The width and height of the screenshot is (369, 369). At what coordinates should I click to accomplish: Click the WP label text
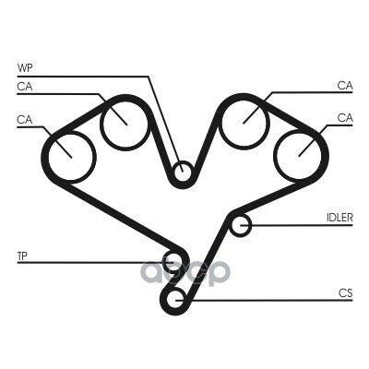point(25,67)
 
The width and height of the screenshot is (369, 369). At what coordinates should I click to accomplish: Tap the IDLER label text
point(339,218)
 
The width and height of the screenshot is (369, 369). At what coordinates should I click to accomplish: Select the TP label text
point(22,256)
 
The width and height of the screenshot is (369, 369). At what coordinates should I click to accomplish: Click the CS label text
point(345,292)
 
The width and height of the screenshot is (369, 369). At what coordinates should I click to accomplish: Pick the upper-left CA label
point(25,87)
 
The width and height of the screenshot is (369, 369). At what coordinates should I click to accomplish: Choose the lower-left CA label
point(25,119)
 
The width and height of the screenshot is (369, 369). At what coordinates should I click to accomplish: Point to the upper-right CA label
point(345,85)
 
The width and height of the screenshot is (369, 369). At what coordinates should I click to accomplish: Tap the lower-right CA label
point(345,117)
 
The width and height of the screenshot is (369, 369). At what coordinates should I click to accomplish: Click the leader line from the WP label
point(149,76)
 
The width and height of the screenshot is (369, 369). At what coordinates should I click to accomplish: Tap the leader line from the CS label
point(265,300)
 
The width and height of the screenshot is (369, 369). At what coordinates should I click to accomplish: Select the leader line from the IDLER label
point(297,225)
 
